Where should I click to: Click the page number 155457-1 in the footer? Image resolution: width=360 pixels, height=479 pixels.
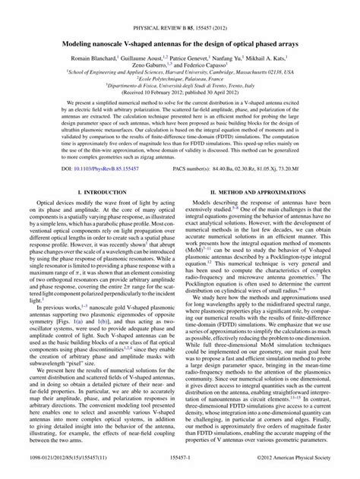[x=179, y=470]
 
